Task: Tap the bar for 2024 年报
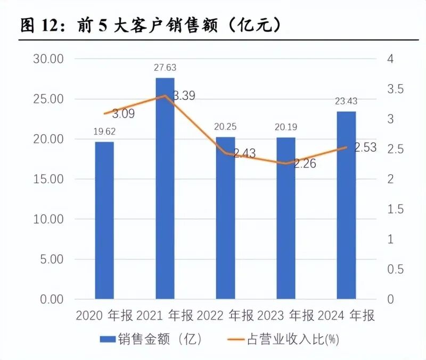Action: (346, 205)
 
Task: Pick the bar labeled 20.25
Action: (225, 218)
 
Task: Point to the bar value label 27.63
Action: (165, 68)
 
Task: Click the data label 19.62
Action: (104, 132)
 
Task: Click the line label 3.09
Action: (123, 113)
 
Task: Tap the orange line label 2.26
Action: (304, 164)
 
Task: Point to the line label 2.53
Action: (365, 148)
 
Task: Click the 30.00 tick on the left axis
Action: (48, 59)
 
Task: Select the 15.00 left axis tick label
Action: (48, 179)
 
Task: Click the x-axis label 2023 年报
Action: (285, 315)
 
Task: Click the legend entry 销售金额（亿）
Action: (152, 339)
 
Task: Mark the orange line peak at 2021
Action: (165, 96)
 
